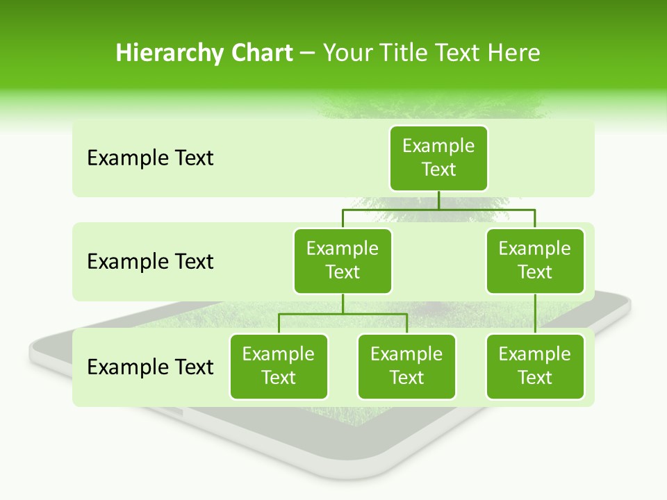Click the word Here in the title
[x=513, y=53]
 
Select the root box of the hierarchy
[x=438, y=158]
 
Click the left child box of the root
[x=343, y=261]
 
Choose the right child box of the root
[x=535, y=261]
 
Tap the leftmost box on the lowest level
[x=279, y=367]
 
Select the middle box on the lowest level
[x=406, y=367]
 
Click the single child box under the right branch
[x=535, y=367]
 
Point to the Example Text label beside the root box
[x=150, y=158]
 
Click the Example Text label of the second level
[x=150, y=262]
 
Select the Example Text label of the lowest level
[x=150, y=367]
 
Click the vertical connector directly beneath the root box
[x=438, y=200]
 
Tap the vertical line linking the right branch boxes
[x=535, y=314]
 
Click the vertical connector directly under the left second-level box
[x=343, y=303]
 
